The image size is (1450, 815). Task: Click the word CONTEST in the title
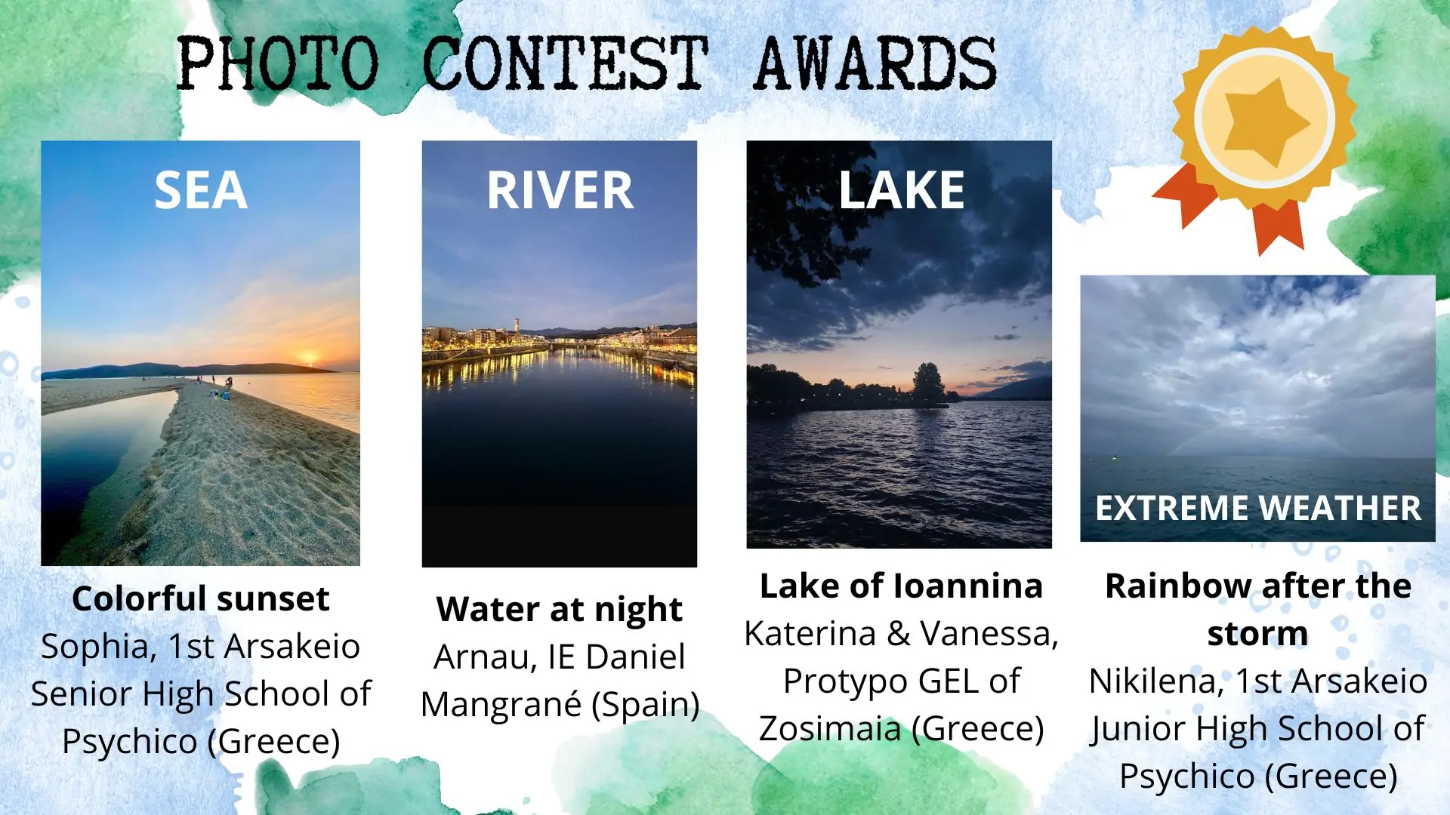565,63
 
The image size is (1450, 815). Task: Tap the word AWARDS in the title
875,63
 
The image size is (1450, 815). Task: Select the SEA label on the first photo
201,190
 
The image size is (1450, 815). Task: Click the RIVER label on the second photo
560,190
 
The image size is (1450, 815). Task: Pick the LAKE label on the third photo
902,190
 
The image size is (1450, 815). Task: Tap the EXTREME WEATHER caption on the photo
1258,508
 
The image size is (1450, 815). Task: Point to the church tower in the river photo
517,325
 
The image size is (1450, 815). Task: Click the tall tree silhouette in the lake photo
928,382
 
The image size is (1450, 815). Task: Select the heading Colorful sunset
201,598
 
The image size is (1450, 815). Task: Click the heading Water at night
560,610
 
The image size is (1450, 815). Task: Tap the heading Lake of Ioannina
901,586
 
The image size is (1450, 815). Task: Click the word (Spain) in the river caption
646,705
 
